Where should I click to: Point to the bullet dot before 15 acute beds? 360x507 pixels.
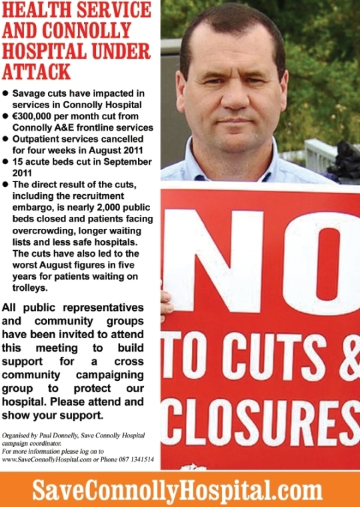6,162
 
